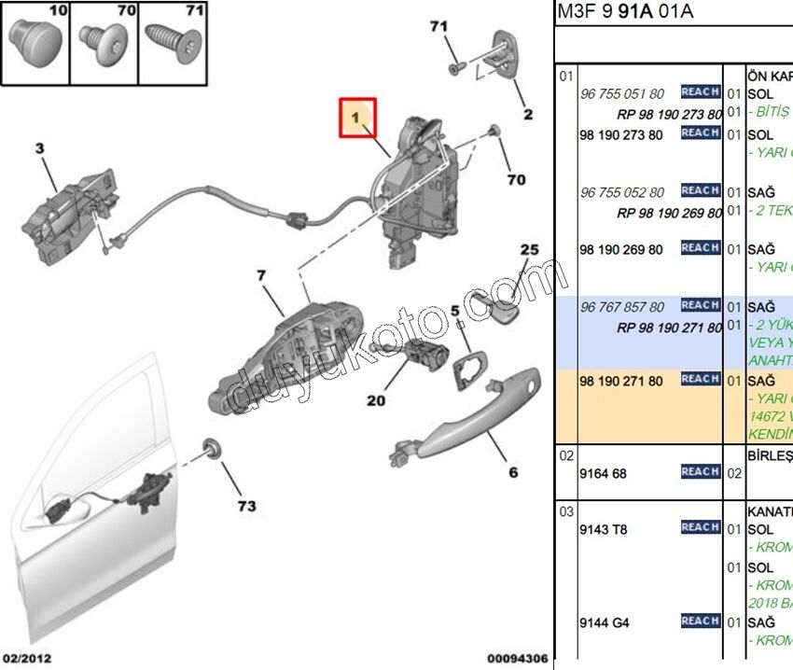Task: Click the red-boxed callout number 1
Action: point(356,118)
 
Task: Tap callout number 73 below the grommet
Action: point(245,507)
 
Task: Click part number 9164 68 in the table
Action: point(604,473)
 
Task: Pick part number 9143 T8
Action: point(604,529)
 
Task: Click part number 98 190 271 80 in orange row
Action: point(621,381)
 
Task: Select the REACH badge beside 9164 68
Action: point(700,472)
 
